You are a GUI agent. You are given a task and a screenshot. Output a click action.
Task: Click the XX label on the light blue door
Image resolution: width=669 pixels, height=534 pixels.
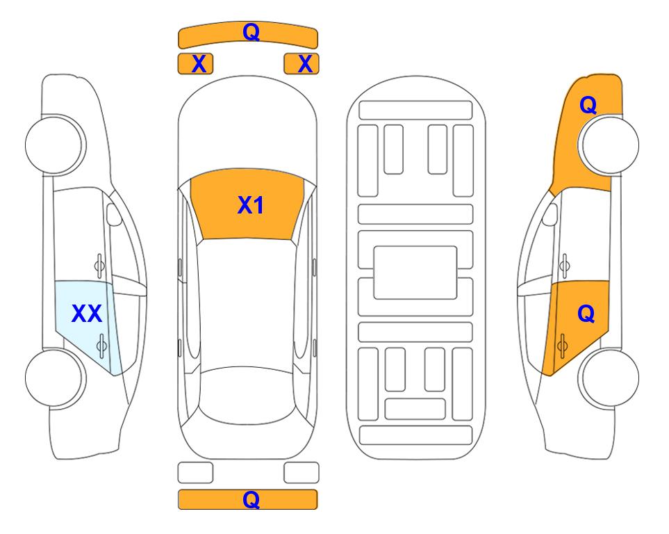pyautogui.click(x=87, y=314)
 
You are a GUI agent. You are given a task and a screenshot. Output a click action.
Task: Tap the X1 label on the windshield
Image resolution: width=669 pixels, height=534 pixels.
pyautogui.click(x=251, y=205)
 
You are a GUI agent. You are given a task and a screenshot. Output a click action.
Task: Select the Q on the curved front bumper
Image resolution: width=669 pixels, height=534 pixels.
pyautogui.click(x=251, y=32)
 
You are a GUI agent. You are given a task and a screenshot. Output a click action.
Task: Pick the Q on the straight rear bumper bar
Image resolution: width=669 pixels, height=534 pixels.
pyautogui.click(x=251, y=499)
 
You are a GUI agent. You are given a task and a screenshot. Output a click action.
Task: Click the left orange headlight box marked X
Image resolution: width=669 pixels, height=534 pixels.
pyautogui.click(x=195, y=64)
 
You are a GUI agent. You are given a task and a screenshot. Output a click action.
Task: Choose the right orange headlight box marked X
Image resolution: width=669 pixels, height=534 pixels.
pyautogui.click(x=302, y=64)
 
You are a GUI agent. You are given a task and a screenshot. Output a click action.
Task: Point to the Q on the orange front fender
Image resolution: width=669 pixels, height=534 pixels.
pyautogui.click(x=588, y=105)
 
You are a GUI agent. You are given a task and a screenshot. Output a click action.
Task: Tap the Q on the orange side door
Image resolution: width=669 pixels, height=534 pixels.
pyautogui.click(x=586, y=314)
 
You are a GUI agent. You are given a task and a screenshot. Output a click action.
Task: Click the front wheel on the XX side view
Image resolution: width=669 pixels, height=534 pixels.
pyautogui.click(x=56, y=145)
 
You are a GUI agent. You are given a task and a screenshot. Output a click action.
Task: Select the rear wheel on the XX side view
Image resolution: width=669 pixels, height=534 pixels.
pyautogui.click(x=56, y=378)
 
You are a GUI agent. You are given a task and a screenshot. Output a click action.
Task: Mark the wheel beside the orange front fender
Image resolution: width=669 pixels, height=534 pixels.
pyautogui.click(x=609, y=145)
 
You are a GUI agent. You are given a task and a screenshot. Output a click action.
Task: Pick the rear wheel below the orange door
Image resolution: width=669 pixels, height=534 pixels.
pyautogui.click(x=609, y=378)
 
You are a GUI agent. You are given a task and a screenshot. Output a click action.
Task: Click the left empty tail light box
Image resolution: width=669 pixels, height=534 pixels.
pyautogui.click(x=195, y=473)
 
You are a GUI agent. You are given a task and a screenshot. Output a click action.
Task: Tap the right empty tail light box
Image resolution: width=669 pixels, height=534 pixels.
pyautogui.click(x=302, y=473)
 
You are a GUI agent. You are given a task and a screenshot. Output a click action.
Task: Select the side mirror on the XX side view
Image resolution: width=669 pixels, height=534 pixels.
pyautogui.click(x=113, y=214)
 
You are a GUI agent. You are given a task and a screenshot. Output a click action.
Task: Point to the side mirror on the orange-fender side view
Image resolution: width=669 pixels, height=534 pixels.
pyautogui.click(x=550, y=214)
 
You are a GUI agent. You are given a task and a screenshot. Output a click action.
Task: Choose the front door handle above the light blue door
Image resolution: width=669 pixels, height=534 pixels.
pyautogui.click(x=99, y=266)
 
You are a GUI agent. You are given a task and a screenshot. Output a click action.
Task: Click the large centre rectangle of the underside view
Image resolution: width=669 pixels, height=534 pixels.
pyautogui.click(x=415, y=273)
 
